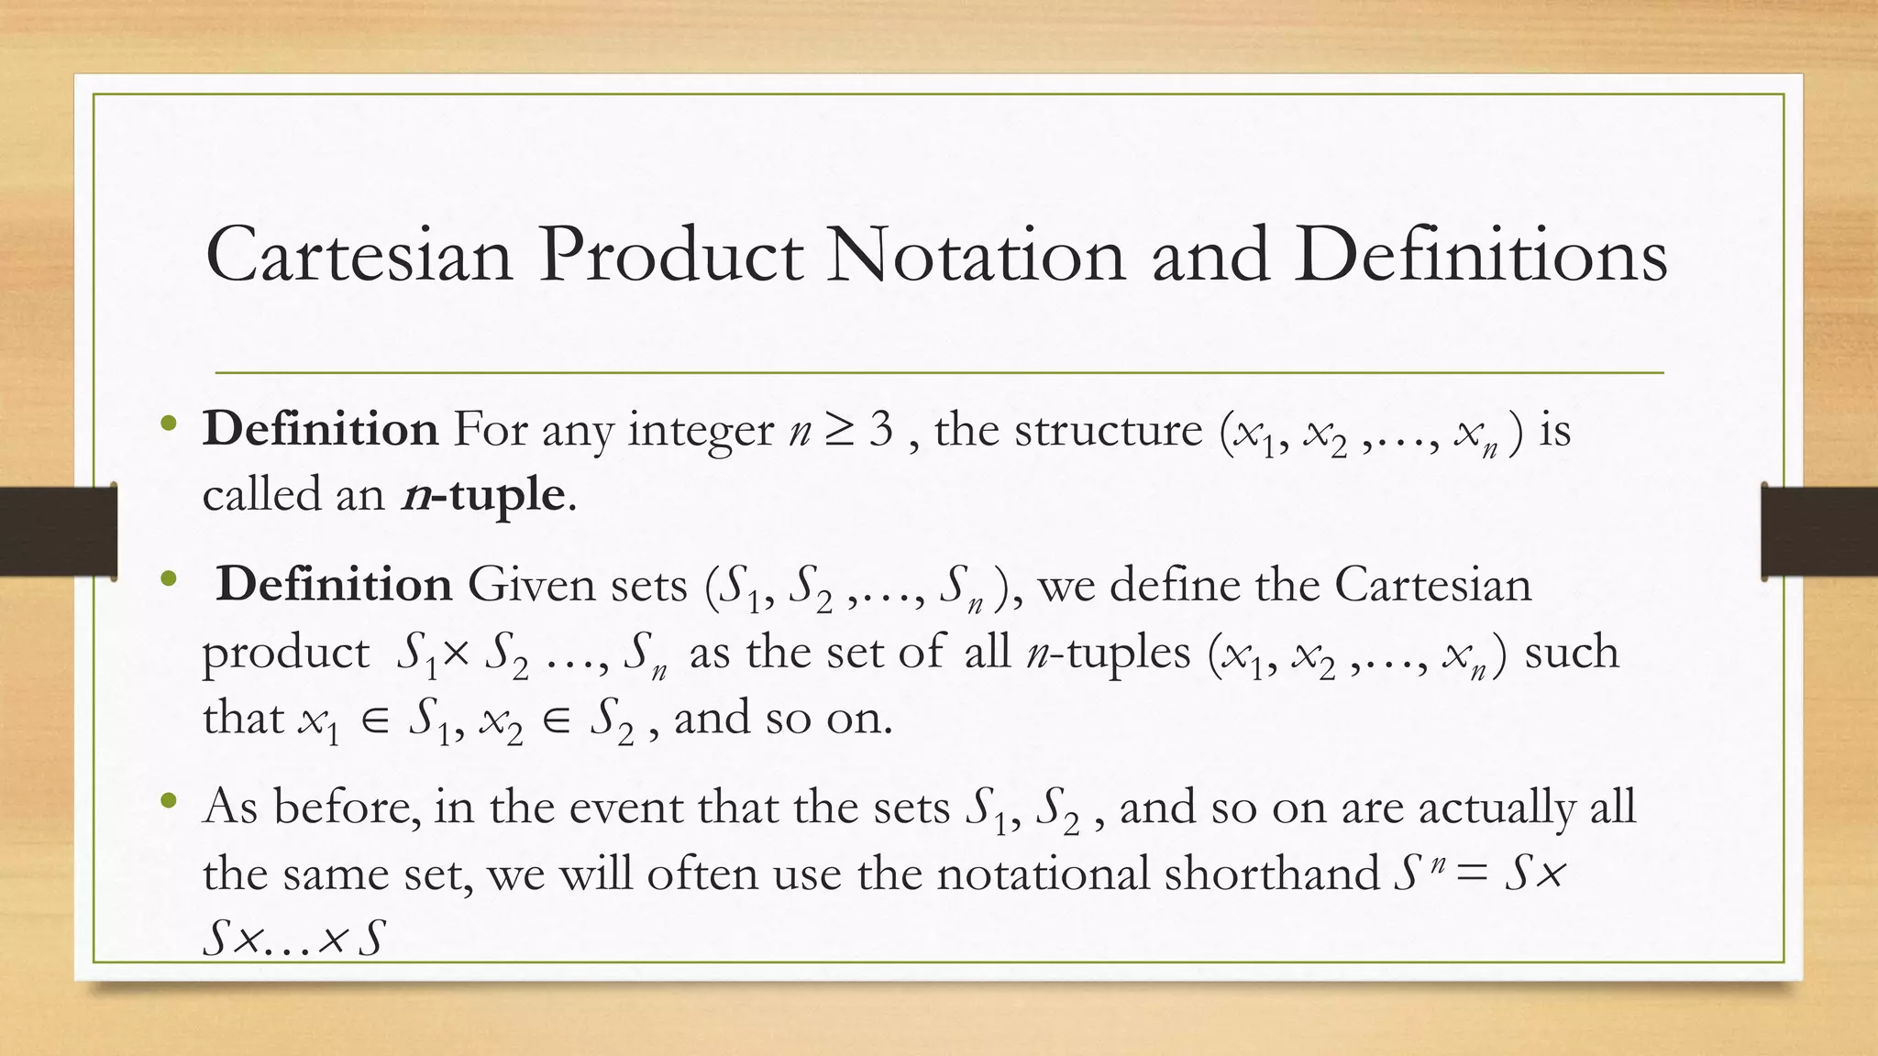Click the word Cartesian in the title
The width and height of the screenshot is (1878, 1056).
click(x=359, y=255)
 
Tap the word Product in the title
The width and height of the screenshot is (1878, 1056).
click(x=670, y=255)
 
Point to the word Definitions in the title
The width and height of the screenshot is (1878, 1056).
click(x=1481, y=255)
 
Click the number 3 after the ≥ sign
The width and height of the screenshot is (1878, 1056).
click(x=880, y=429)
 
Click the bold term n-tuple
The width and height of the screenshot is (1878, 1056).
click(x=483, y=495)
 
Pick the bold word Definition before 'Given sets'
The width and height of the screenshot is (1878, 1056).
click(x=334, y=584)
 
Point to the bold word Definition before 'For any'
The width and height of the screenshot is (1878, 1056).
click(x=320, y=429)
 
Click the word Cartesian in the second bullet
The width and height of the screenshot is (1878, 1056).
click(x=1432, y=584)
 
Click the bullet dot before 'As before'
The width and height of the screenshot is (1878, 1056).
click(x=167, y=802)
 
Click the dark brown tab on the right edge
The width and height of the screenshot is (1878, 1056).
click(x=1819, y=532)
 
